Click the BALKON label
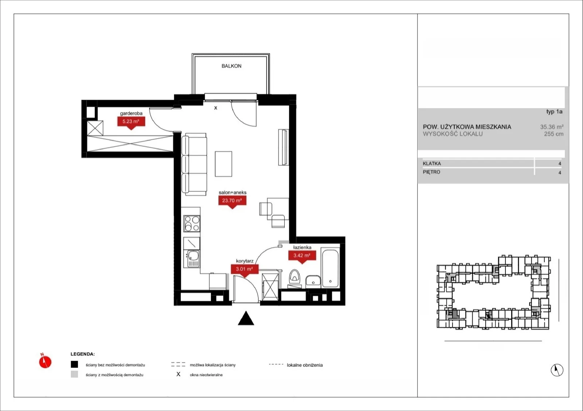tap(231, 66)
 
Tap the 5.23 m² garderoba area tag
tap(131, 123)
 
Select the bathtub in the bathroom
tap(330, 268)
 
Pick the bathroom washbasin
tap(313, 281)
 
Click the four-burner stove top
tap(192, 223)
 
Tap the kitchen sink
tap(193, 256)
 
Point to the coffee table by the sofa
tap(223, 164)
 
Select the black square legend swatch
tap(74, 364)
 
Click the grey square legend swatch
tap(74, 374)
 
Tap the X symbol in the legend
tap(178, 374)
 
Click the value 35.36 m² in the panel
tap(552, 127)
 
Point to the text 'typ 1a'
tap(554, 111)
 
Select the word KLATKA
tap(432, 163)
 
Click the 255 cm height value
tap(554, 134)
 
